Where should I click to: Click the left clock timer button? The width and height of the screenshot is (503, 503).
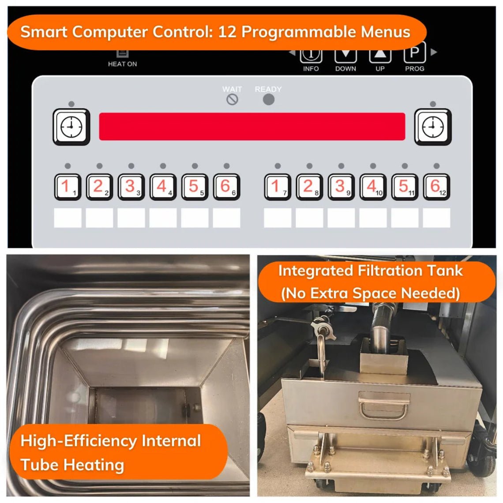point(71,127)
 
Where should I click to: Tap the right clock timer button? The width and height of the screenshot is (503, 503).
point(433,127)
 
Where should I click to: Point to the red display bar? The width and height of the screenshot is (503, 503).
point(252,127)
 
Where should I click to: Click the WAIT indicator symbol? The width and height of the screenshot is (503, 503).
point(233,100)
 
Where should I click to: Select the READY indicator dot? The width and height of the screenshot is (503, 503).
point(268,100)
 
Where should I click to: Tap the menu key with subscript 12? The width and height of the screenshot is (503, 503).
point(436,187)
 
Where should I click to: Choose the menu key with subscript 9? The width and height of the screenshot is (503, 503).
point(341,187)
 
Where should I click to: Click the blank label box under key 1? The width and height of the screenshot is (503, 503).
point(68,218)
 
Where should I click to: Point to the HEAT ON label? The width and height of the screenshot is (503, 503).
point(122,64)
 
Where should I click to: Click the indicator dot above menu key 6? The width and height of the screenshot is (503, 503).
point(226,166)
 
